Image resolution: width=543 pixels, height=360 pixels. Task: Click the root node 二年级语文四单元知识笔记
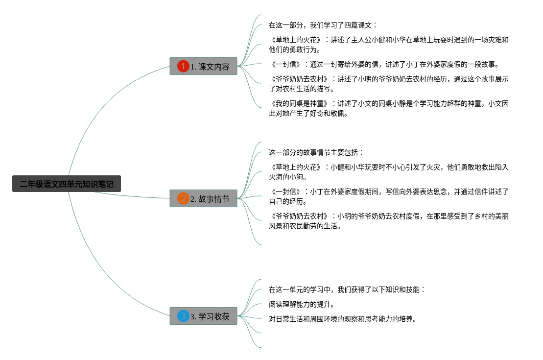66,184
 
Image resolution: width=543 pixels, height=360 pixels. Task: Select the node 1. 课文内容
203,66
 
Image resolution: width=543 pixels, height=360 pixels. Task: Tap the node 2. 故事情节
203,198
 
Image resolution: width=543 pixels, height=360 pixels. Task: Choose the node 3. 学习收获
203,316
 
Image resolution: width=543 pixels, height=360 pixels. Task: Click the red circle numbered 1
183,66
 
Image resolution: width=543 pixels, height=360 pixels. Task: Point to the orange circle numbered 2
183,198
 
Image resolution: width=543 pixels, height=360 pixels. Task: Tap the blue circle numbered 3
183,316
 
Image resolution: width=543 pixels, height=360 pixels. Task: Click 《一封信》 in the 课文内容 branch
285,64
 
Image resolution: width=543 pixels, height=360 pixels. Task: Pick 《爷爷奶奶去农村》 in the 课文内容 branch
299,79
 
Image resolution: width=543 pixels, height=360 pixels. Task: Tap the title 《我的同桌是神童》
299,103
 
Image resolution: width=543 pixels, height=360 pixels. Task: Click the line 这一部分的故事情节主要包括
316,152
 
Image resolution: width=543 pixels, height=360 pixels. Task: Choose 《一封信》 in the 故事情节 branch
285,192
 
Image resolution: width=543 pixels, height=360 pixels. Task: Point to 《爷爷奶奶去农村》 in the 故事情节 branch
299,216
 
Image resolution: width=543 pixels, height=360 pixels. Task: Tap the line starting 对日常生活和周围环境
342,319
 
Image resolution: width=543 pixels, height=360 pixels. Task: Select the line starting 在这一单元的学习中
347,289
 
